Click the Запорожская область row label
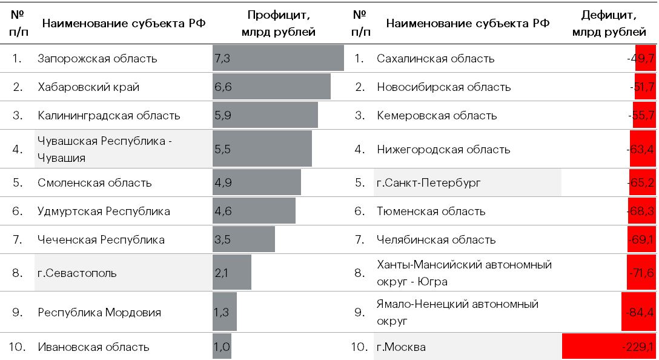pyautogui.click(x=97, y=59)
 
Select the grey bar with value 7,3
pyautogui.click(x=278, y=58)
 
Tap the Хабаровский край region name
pyautogui.click(x=88, y=87)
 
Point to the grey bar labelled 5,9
pyautogui.click(x=265, y=115)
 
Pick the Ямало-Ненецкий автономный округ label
pyautogui.click(x=457, y=312)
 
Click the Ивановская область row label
pyautogui.click(x=93, y=347)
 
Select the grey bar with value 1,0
pyautogui.click(x=222, y=347)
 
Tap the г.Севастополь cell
pyautogui.click(x=77, y=273)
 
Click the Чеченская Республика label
pyautogui.click(x=101, y=240)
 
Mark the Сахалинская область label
pyautogui.click(x=435, y=59)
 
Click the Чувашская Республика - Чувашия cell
pyautogui.click(x=105, y=149)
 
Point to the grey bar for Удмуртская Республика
pyautogui.click(x=254, y=211)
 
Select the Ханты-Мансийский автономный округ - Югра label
pyautogui.click(x=464, y=273)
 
